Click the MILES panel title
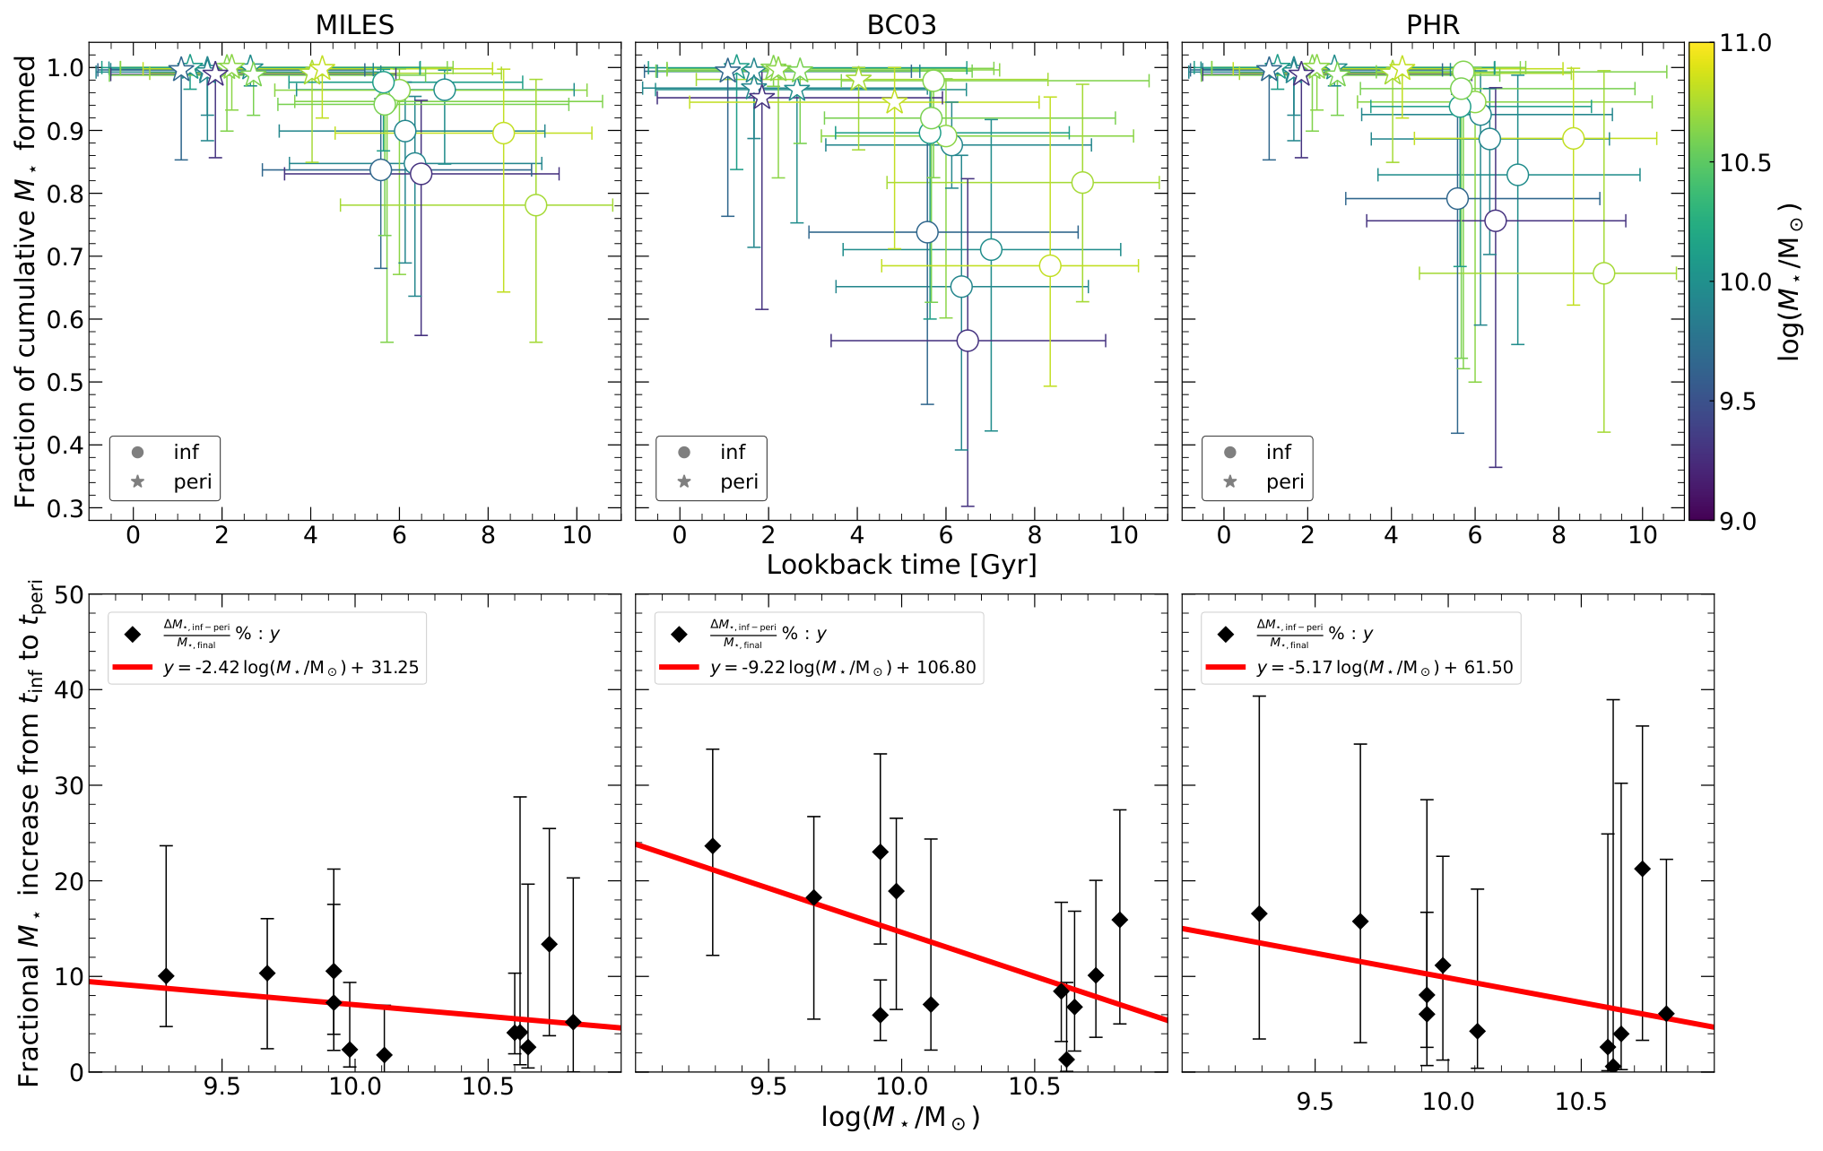click(x=354, y=24)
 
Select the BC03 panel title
click(x=901, y=24)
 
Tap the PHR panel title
click(x=1432, y=24)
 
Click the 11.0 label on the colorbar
click(x=1745, y=43)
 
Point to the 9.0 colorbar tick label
click(x=1738, y=521)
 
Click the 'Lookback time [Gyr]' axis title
click(x=901, y=564)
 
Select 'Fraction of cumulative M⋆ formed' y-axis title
click(x=25, y=281)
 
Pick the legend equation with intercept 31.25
click(x=291, y=668)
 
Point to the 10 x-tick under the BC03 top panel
click(x=1123, y=535)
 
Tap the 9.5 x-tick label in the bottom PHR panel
click(x=1315, y=1101)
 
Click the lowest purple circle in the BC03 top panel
click(x=968, y=341)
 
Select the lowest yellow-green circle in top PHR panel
click(x=1603, y=273)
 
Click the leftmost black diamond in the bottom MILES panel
click(x=166, y=976)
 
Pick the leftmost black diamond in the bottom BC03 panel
click(x=713, y=846)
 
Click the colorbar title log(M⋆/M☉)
click(x=1791, y=281)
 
